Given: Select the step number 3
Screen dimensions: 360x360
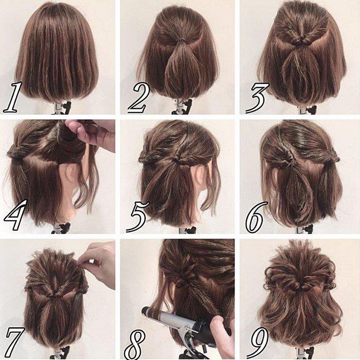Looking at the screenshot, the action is coord(257,98).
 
